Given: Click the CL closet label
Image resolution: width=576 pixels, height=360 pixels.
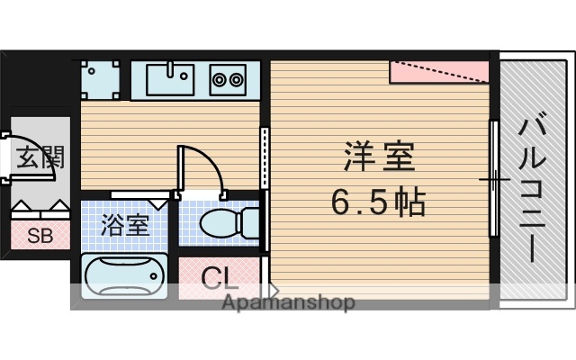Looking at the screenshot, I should [219, 277].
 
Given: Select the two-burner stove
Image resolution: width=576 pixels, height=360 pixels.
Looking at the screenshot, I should [229, 79].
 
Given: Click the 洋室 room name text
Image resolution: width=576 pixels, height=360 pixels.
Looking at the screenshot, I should [378, 158].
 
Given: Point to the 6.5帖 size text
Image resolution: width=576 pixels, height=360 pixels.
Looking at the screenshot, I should [378, 203].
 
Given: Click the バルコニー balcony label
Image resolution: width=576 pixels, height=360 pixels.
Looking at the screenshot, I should [533, 184].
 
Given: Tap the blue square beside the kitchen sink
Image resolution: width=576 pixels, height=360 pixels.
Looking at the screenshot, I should [99, 78].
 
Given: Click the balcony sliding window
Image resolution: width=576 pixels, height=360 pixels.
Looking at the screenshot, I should [493, 180].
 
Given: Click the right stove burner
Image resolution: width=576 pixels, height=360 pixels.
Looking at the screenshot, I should [237, 79].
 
